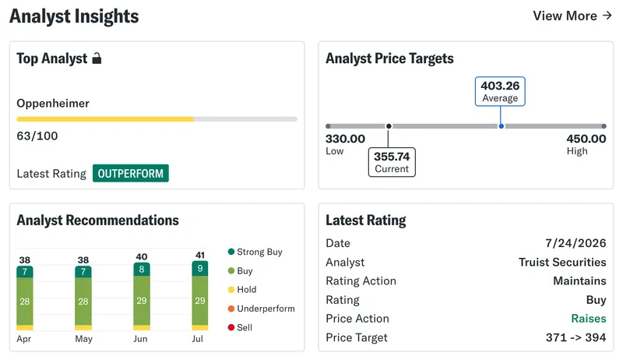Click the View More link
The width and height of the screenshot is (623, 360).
tap(572, 16)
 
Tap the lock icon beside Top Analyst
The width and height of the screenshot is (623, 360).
tap(97, 58)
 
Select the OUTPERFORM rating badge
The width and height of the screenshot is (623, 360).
tap(131, 173)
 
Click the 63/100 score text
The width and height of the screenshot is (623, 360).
tap(37, 136)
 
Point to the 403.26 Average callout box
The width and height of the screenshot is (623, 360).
tap(500, 91)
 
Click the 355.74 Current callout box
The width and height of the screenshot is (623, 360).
tap(392, 162)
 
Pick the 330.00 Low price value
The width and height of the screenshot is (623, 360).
tap(345, 139)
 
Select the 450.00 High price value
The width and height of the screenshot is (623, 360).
tap(586, 139)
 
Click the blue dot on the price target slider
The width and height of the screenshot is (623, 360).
tap(502, 126)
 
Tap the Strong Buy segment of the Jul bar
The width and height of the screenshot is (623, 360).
tap(200, 269)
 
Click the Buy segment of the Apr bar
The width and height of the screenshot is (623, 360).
tap(25, 302)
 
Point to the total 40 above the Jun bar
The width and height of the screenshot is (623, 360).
tap(142, 256)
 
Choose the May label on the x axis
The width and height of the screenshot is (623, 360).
tap(83, 339)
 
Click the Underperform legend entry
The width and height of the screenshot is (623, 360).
tap(262, 309)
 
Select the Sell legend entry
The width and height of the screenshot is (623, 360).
tap(240, 327)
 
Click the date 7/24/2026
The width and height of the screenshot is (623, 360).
tap(575, 243)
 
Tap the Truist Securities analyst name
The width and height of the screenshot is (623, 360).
tap(562, 263)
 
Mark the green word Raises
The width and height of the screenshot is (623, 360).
tap(589, 319)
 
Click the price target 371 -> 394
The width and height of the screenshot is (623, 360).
tap(575, 337)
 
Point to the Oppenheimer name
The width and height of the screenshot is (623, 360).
tap(53, 104)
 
